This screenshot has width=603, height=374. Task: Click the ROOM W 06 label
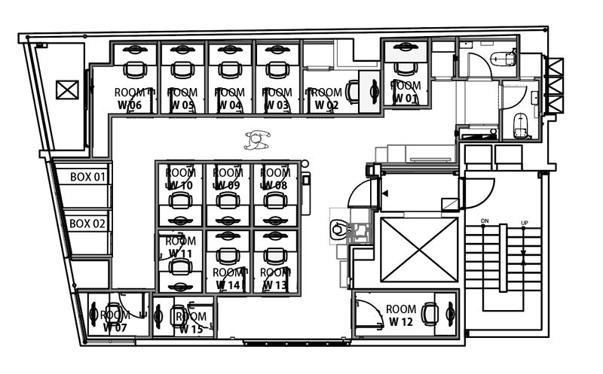128,98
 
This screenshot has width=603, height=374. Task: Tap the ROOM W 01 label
405,91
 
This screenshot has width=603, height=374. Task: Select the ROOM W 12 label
399,315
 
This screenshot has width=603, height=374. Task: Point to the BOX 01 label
88,177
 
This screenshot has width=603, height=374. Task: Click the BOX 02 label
88,223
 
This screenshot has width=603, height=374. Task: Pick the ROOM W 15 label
191,322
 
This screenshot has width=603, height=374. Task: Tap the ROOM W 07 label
115,321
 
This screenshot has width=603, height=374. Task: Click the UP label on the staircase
524,223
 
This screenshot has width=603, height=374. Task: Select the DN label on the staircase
485,221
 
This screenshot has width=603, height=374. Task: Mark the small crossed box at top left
67,90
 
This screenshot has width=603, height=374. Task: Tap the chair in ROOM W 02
352,91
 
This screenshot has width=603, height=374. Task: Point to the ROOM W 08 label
274,178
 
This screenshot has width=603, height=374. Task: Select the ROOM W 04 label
228,98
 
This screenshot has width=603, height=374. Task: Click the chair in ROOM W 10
180,200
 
